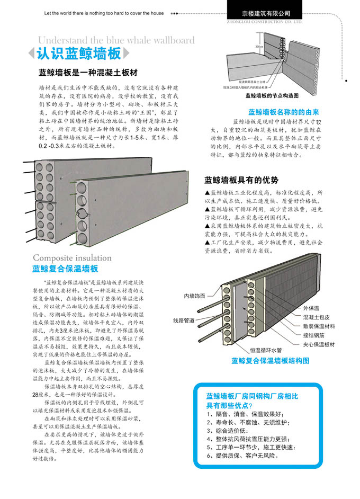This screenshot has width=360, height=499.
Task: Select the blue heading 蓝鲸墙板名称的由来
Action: click(283, 112)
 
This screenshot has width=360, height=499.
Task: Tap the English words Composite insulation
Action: click(72, 258)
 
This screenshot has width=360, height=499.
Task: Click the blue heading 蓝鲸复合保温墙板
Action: click(65, 269)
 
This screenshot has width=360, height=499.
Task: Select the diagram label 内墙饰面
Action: click(195, 296)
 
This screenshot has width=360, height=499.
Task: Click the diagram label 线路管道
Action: click(184, 320)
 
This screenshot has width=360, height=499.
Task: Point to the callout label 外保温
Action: click(311, 308)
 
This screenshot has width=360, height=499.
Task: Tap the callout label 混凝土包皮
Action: click(316, 317)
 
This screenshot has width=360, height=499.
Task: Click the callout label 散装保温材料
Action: click(319, 326)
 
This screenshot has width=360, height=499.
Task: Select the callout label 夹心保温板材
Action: click(319, 344)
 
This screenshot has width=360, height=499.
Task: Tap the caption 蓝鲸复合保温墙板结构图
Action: click(270, 361)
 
